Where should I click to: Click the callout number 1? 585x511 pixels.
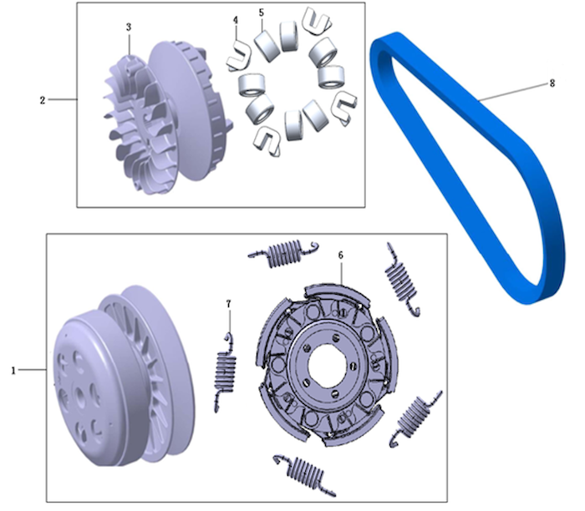[13, 371]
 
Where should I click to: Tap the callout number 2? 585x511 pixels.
[43, 100]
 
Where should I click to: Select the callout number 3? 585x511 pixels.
[129, 27]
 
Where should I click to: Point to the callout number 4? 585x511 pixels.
[236, 20]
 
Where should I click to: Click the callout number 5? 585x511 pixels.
[261, 13]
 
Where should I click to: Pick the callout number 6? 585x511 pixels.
[341, 255]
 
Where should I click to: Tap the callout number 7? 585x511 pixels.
[229, 304]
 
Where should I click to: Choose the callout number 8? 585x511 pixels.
[552, 83]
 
